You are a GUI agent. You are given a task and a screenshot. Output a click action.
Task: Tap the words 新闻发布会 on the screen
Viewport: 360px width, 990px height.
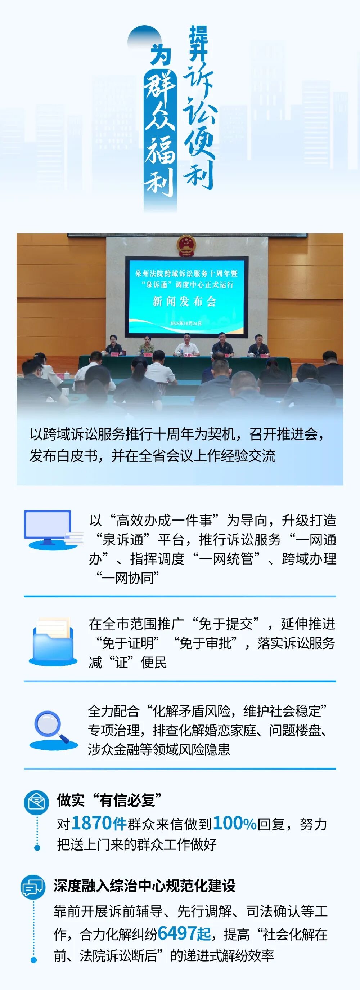[x=184, y=301]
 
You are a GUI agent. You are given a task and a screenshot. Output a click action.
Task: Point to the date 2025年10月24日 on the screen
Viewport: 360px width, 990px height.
[x=186, y=323]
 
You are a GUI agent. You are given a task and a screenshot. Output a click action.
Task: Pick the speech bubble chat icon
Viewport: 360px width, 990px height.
[x=33, y=887]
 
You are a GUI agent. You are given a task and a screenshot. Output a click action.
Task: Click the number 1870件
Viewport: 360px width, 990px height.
[x=99, y=824]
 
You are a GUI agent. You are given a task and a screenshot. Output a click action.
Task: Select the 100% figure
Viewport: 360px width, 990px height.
[x=235, y=824]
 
